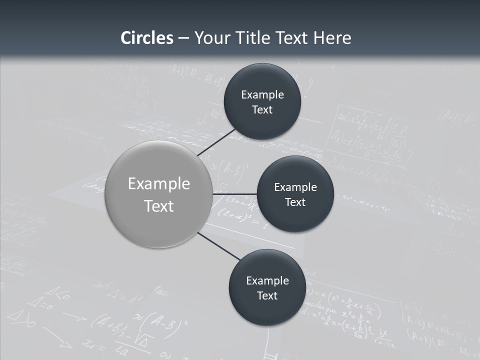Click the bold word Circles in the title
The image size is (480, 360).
[x=147, y=38]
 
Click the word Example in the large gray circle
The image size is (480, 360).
[x=159, y=184]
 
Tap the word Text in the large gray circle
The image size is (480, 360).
[x=159, y=206]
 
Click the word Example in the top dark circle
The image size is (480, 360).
[x=262, y=95]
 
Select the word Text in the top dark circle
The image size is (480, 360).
[x=262, y=110]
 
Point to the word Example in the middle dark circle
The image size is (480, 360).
[x=295, y=187]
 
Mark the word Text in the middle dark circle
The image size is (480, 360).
[x=295, y=202]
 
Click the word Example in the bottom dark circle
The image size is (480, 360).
[x=267, y=281]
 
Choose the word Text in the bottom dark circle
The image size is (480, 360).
[x=267, y=296]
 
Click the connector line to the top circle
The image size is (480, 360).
[x=216, y=142]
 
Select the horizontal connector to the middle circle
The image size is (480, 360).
[x=234, y=194]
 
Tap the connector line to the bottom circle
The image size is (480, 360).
[x=218, y=246]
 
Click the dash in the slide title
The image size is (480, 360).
[x=183, y=38]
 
